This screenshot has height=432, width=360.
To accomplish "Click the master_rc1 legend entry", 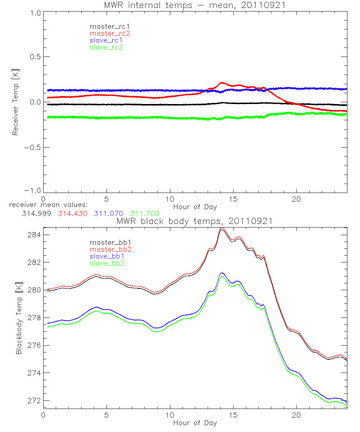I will (x=107, y=27).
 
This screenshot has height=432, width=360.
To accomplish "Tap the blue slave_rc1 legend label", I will (x=107, y=40).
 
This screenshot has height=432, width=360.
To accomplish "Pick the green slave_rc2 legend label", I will (x=107, y=47).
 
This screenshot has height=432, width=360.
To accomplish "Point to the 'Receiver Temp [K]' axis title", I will (x=15, y=102).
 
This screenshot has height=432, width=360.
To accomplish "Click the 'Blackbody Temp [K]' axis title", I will (x=18, y=317).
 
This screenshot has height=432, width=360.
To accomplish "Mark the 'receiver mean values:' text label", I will (x=46, y=205).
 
